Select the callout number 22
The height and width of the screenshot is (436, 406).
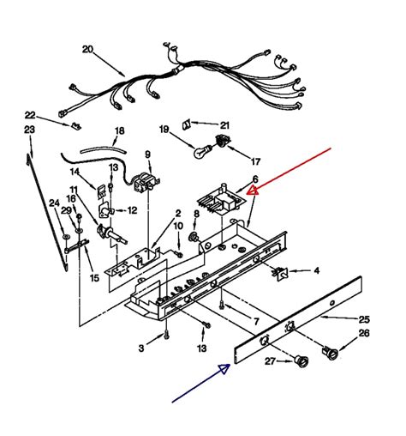[x=30, y=115]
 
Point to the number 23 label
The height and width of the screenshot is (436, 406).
[x=30, y=130]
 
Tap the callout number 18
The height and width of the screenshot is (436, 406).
[x=119, y=131]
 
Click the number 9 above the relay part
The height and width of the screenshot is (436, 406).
[x=147, y=154]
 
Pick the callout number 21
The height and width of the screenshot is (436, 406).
[x=225, y=125]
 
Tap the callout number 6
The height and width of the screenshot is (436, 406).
[x=254, y=179]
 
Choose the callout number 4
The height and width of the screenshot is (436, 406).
[x=316, y=271]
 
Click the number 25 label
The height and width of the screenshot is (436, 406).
[x=364, y=319]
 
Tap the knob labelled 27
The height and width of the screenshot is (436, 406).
[x=302, y=360]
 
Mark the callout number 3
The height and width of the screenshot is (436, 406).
[x=141, y=348]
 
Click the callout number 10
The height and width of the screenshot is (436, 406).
[x=177, y=226]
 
